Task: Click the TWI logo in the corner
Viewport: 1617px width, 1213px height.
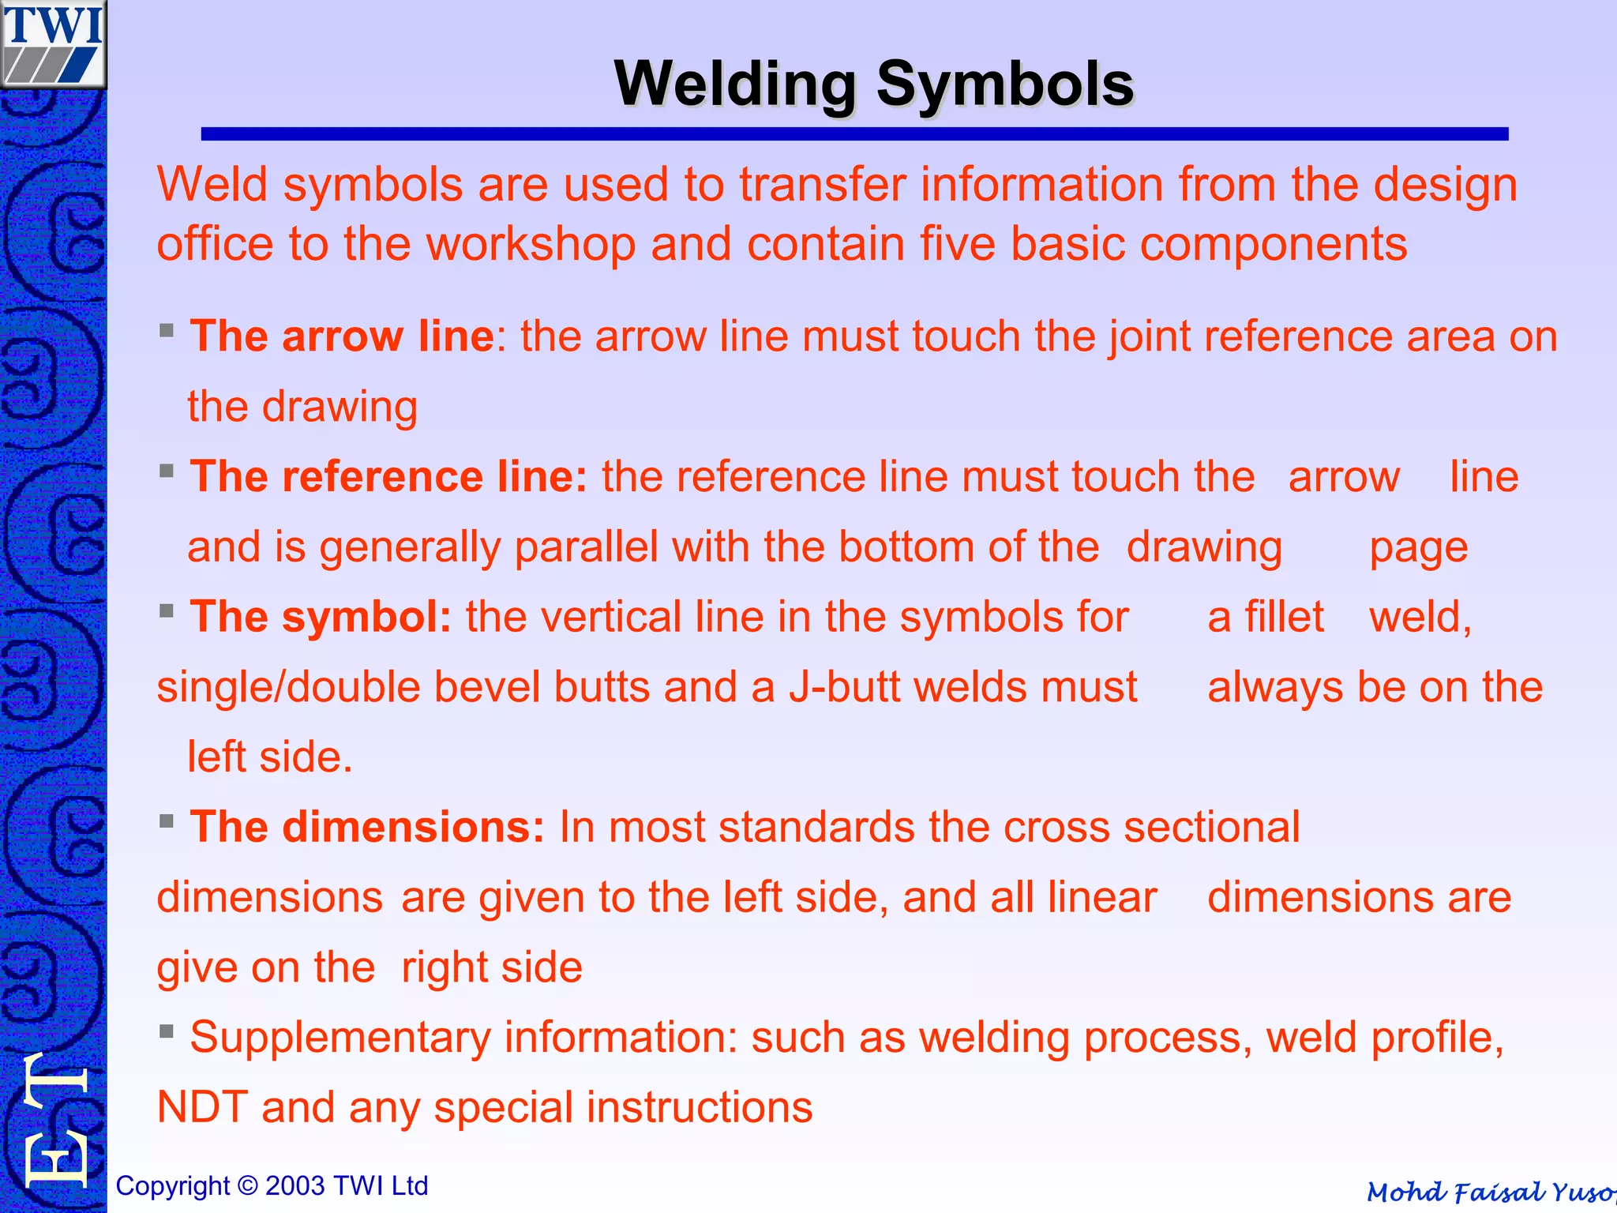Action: (53, 43)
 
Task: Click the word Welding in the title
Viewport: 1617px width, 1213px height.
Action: (735, 84)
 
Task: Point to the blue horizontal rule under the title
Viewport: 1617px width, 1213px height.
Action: (854, 134)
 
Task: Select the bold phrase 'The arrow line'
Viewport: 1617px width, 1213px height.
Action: (342, 336)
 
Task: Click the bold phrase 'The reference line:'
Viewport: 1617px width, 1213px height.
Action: (388, 477)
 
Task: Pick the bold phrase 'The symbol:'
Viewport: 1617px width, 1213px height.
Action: (321, 617)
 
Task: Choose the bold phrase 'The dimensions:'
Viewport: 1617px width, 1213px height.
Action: (367, 827)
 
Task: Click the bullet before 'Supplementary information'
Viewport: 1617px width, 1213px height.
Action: (166, 1031)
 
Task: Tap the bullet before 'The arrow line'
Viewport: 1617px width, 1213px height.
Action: (166, 330)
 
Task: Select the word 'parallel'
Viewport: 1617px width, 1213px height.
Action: (586, 547)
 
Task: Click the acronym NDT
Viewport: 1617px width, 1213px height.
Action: (202, 1107)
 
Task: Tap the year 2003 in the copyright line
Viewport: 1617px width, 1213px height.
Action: (295, 1185)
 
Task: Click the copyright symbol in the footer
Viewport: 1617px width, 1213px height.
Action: (247, 1185)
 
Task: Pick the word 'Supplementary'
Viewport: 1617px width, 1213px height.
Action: (340, 1038)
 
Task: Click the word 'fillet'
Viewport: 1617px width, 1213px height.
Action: (1284, 617)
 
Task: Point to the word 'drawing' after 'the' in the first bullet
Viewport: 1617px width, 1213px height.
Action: (340, 407)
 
